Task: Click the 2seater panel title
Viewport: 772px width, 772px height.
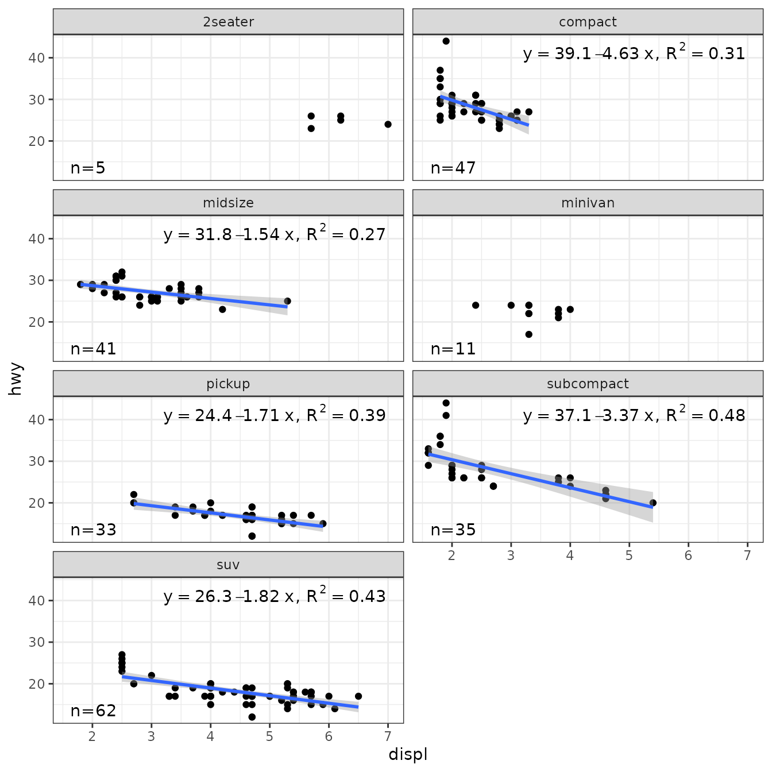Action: coord(228,22)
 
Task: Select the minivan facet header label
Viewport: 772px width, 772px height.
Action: coord(588,203)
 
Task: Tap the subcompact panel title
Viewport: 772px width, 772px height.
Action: coord(588,384)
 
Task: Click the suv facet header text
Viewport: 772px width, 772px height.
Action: coord(228,565)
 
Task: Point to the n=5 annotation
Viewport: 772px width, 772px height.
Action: coord(88,168)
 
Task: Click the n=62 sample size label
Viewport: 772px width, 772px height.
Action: coord(93,711)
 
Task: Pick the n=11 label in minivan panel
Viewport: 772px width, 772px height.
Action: coord(453,349)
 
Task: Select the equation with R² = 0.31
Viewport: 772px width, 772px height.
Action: coord(634,53)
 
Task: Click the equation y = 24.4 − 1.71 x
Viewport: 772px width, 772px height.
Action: coord(275,415)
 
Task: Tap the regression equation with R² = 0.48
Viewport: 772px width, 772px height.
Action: coord(634,415)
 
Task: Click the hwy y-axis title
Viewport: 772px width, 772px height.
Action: coord(16,379)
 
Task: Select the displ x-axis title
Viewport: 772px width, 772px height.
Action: coord(408,754)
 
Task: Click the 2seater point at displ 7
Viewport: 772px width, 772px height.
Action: coord(388,124)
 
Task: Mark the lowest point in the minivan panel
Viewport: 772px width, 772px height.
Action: coord(528,334)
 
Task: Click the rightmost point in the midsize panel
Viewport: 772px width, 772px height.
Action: coord(287,301)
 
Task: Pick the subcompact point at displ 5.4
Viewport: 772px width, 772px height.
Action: coord(653,503)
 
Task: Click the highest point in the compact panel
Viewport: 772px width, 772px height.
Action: coord(446,41)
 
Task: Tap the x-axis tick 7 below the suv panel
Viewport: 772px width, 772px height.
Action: coord(388,736)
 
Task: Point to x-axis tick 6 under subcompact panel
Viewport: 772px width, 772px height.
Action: coord(688,555)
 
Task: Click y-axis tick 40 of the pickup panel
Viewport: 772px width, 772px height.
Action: coord(37,419)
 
